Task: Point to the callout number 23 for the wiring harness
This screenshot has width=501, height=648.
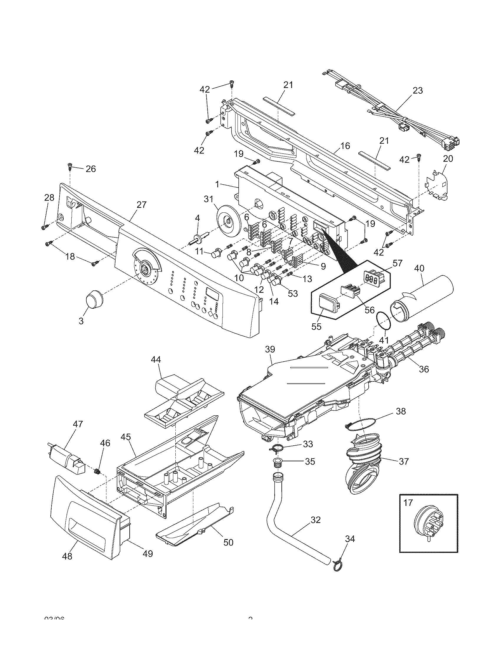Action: coord(418,90)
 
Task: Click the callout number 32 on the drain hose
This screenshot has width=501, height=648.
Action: coord(315,520)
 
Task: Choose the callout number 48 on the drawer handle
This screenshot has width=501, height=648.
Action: coord(68,556)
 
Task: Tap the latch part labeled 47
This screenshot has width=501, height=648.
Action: coord(67,461)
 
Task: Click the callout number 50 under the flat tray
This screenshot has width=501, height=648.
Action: coord(228,542)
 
